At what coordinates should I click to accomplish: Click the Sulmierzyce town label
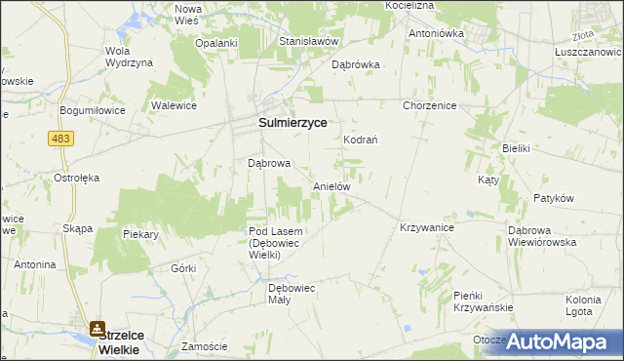292,124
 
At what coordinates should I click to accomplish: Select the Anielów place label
331,185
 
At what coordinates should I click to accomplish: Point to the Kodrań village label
360,140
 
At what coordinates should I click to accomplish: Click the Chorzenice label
429,105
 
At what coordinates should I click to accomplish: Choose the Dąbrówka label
355,65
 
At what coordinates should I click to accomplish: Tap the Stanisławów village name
308,42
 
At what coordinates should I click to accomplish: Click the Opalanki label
216,43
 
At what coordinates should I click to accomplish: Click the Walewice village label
175,103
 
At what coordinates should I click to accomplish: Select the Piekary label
140,234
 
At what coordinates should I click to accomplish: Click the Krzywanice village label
427,227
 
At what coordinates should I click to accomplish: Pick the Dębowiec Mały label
293,294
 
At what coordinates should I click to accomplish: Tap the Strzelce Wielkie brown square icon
98,330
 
